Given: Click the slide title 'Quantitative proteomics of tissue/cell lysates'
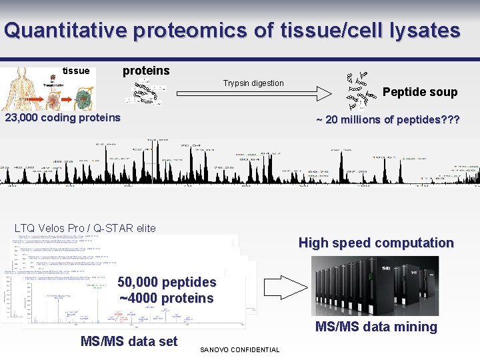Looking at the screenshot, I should coord(231,31).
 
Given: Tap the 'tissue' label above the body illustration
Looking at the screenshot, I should coord(75,71).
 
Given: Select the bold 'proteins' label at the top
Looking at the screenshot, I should coord(146,71).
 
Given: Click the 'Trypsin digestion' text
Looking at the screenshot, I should coord(253,83).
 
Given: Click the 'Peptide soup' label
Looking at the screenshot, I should coord(420,92).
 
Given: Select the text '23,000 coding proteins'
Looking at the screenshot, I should coord(63,118).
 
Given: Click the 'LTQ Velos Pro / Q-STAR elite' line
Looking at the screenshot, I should coord(85,228).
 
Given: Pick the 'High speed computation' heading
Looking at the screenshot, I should coord(376,243).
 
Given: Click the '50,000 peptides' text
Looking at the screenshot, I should coord(167,282).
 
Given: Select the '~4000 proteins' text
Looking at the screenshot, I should coord(167,298).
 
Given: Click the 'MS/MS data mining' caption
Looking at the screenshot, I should coord(376,327).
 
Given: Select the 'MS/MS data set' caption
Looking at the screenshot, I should coord(129,341).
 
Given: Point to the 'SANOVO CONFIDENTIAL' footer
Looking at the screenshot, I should coord(240,350).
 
